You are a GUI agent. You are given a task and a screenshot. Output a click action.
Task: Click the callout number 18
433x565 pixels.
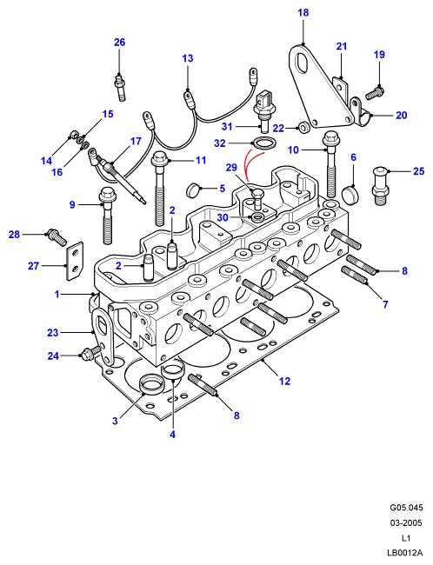pyautogui.click(x=303, y=13)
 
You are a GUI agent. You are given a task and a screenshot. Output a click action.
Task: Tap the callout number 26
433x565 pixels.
pyautogui.click(x=119, y=43)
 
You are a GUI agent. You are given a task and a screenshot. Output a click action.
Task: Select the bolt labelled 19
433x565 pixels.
pyautogui.click(x=375, y=93)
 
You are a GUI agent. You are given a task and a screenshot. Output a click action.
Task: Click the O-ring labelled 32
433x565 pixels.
pyautogui.click(x=264, y=143)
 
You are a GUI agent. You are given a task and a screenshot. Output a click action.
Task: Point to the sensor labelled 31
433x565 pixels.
pyautogui.click(x=263, y=111)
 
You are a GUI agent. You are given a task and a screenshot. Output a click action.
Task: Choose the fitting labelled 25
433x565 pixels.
pyautogui.click(x=381, y=185)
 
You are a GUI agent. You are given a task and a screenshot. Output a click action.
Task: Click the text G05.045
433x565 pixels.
pyautogui.click(x=406, y=508)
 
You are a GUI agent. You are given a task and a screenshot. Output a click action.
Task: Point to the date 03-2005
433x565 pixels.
pyautogui.click(x=406, y=522)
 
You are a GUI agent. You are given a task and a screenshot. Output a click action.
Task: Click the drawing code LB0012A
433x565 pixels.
pyautogui.click(x=404, y=553)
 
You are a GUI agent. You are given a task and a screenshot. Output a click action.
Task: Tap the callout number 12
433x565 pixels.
pyautogui.click(x=284, y=381)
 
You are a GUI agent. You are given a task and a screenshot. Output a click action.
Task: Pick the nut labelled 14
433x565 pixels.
pyautogui.click(x=74, y=135)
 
